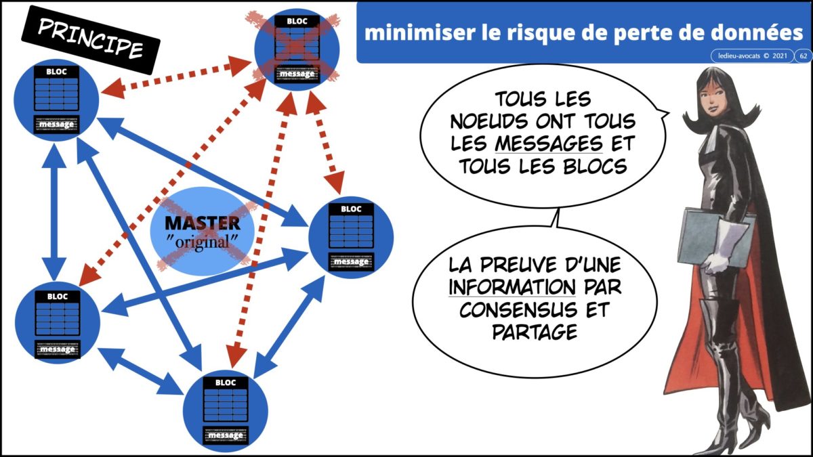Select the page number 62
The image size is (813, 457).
point(803,56)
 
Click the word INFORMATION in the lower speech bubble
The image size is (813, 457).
point(512,287)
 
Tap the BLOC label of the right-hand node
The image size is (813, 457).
point(351,209)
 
